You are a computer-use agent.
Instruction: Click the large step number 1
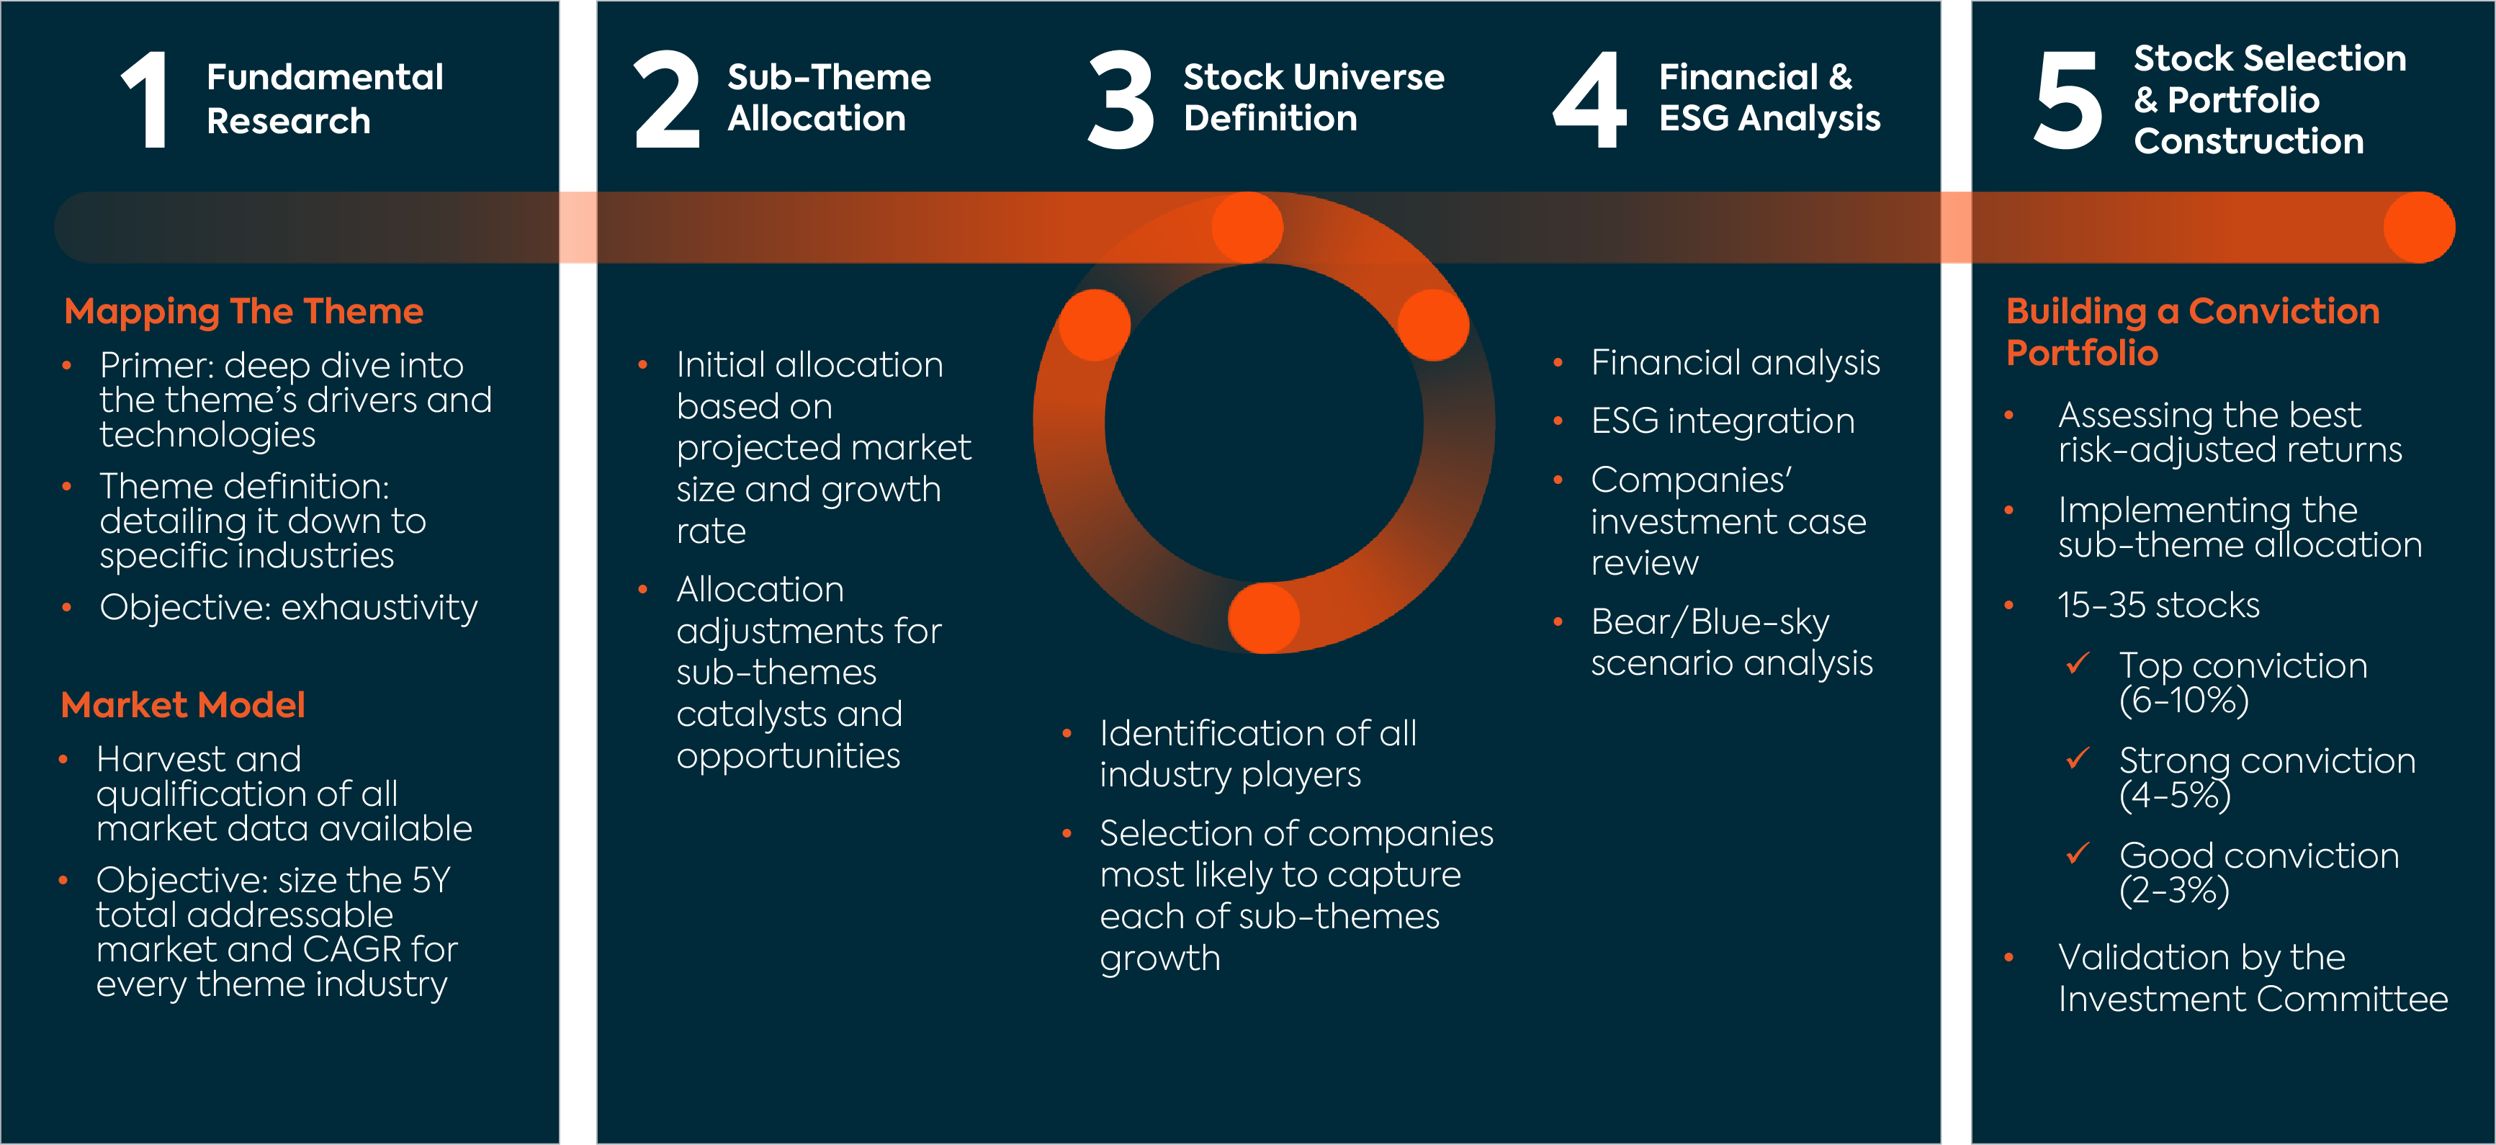point(146,100)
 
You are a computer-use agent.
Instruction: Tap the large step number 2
point(667,100)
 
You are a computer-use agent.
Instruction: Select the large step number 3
point(1121,100)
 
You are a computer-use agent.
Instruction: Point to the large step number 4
point(1590,100)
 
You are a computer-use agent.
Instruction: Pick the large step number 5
point(2068,100)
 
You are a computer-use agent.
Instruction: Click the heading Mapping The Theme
point(244,312)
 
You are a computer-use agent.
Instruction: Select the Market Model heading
point(183,705)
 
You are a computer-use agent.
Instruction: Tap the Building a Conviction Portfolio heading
point(2193,331)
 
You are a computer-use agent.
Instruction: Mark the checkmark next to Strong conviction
point(2078,758)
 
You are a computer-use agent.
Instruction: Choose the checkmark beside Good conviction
point(2078,853)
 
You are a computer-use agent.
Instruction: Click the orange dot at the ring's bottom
point(1264,618)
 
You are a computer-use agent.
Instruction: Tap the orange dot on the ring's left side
point(1095,325)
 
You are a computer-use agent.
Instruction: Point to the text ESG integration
point(1723,421)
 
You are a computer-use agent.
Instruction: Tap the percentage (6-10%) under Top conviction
point(2184,699)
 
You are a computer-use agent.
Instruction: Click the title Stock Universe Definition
point(1314,98)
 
